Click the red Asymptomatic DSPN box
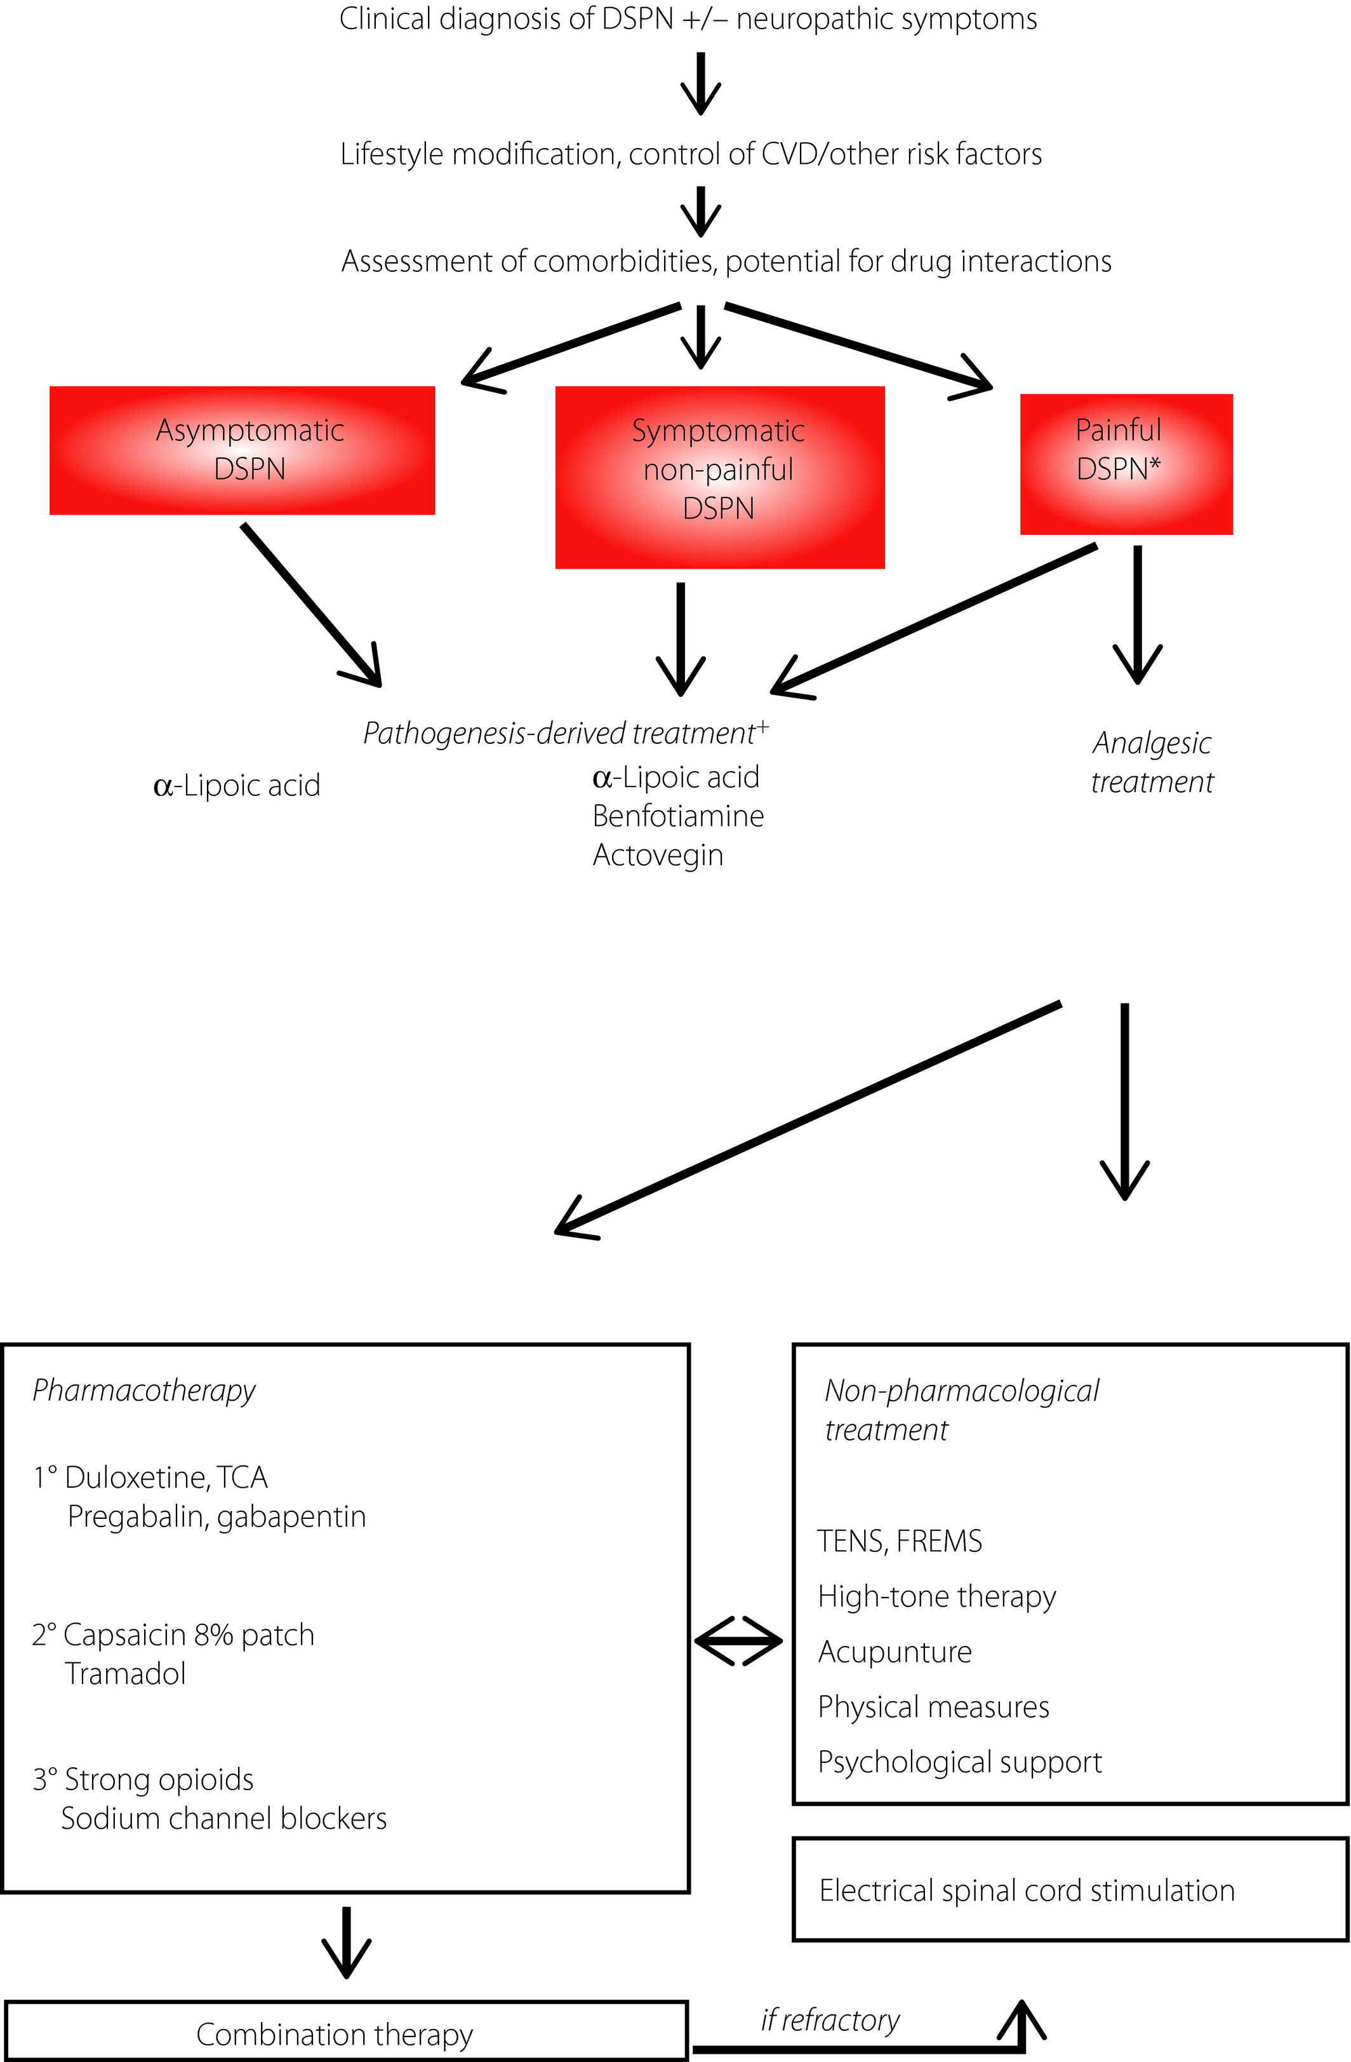pos(242,450)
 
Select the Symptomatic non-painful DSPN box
pos(720,477)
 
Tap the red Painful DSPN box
pos(1126,464)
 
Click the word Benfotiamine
pos(678,816)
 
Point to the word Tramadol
pos(126,1674)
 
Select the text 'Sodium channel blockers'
pos(223,1819)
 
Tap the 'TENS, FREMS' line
pos(900,1541)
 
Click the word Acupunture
pos(895,1652)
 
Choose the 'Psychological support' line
pos(959,1762)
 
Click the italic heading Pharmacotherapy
pos(143,1391)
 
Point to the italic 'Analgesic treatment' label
pos(1152,762)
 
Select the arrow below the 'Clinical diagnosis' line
pos(701,83)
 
